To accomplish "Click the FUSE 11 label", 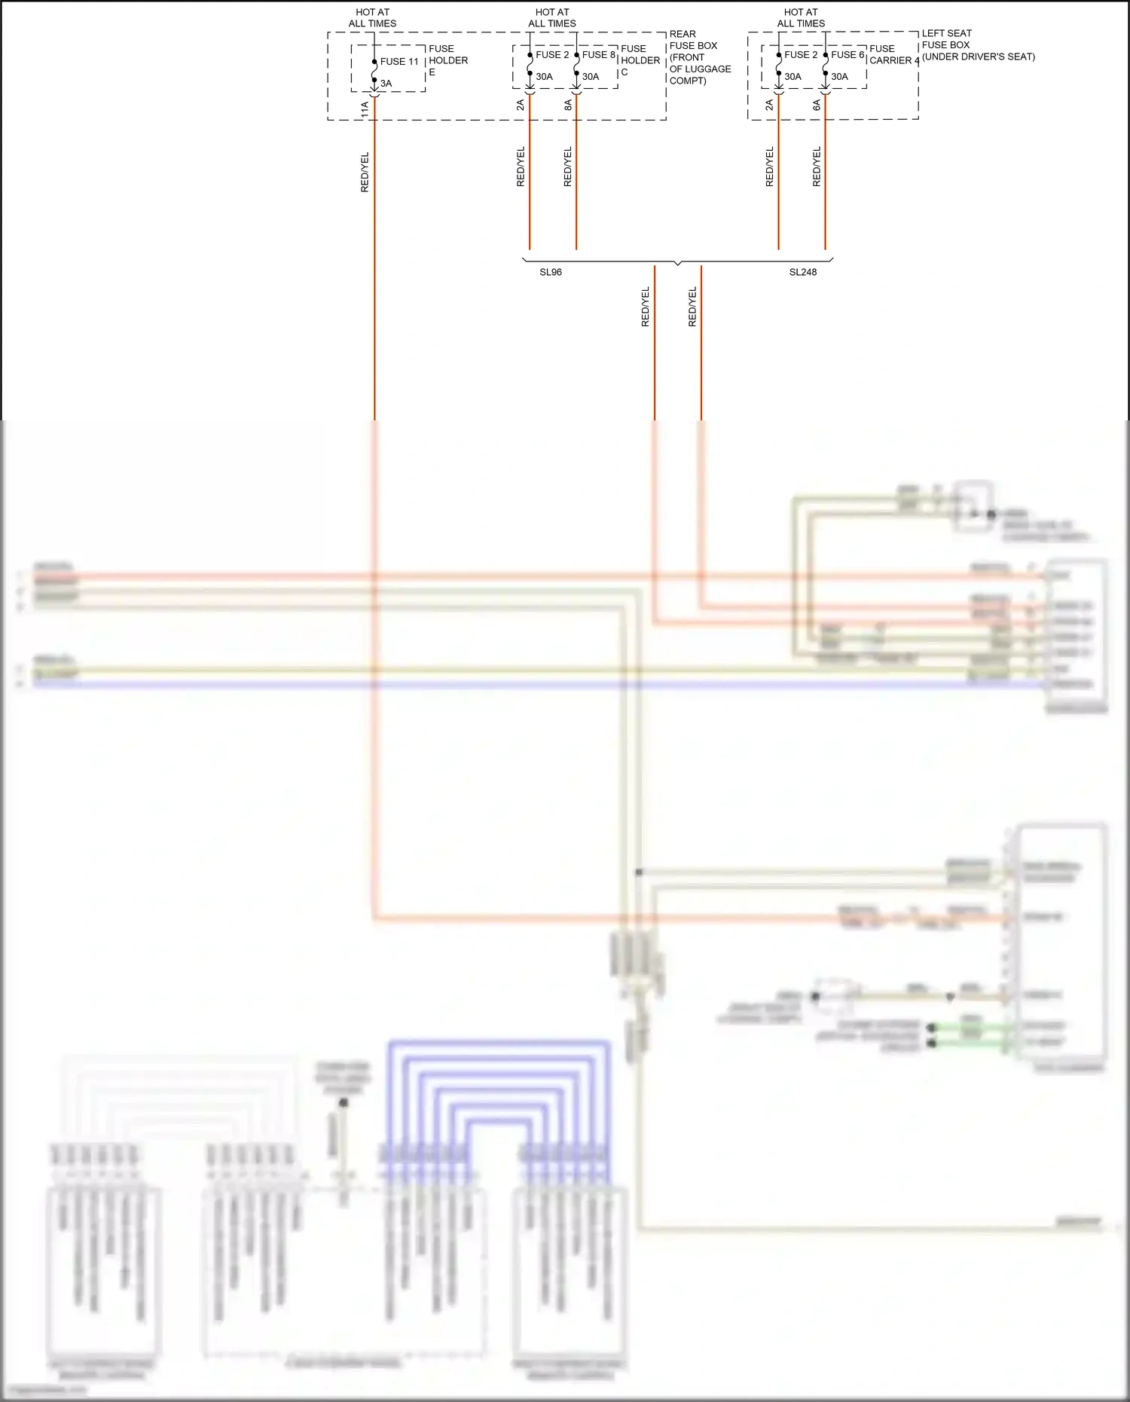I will pyautogui.click(x=399, y=62).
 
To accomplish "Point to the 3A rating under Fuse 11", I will pyautogui.click(x=386, y=84).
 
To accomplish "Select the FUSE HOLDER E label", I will pyautogui.click(x=447, y=60).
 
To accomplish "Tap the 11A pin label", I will pyautogui.click(x=365, y=109).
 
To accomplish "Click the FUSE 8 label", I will pyautogui.click(x=599, y=55).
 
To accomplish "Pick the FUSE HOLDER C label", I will pyautogui.click(x=640, y=60).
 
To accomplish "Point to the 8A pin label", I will pyautogui.click(x=568, y=105).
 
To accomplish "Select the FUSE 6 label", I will pyautogui.click(x=847, y=55).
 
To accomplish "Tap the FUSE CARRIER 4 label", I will pyautogui.click(x=893, y=55).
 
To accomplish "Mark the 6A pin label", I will pyautogui.click(x=817, y=105).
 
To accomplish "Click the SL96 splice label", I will pyautogui.click(x=551, y=272).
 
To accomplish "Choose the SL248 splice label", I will pyautogui.click(x=802, y=272).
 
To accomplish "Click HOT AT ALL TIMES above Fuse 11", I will pyautogui.click(x=372, y=18).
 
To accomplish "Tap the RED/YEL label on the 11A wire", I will pyautogui.click(x=365, y=173).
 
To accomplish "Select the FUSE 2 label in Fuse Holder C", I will pyautogui.click(x=552, y=55).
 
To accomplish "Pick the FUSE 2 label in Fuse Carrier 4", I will pyautogui.click(x=800, y=55).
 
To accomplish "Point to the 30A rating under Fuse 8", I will pyautogui.click(x=591, y=77).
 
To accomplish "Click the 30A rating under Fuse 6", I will pyautogui.click(x=839, y=77).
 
